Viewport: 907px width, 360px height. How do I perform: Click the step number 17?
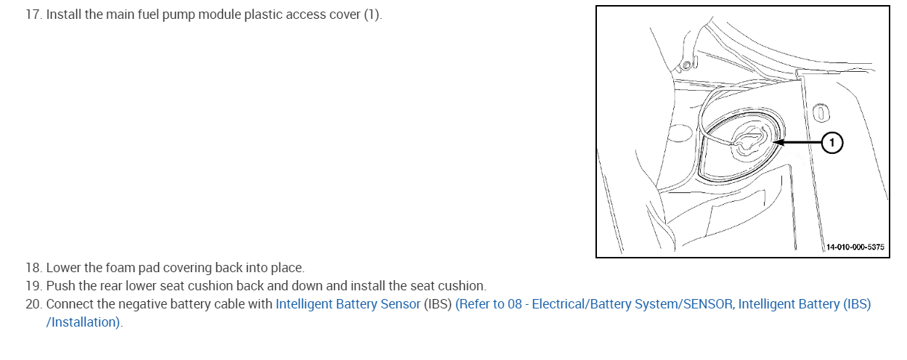coord(33,15)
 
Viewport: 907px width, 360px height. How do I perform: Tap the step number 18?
coord(33,268)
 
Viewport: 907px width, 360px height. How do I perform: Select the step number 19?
coord(33,286)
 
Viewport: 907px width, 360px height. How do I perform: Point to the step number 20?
coord(33,304)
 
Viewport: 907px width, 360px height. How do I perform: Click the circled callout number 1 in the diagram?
coord(832,143)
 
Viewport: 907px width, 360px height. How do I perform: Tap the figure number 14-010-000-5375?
coord(855,247)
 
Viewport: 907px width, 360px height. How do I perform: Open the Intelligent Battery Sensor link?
coord(348,304)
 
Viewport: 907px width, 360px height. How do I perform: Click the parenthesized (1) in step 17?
coord(371,15)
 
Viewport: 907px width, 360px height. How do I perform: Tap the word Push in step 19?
coord(60,286)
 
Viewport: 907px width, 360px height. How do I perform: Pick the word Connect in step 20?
coord(68,304)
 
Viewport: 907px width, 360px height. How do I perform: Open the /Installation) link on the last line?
coord(84,322)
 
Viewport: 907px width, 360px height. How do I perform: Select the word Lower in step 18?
coord(62,268)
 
